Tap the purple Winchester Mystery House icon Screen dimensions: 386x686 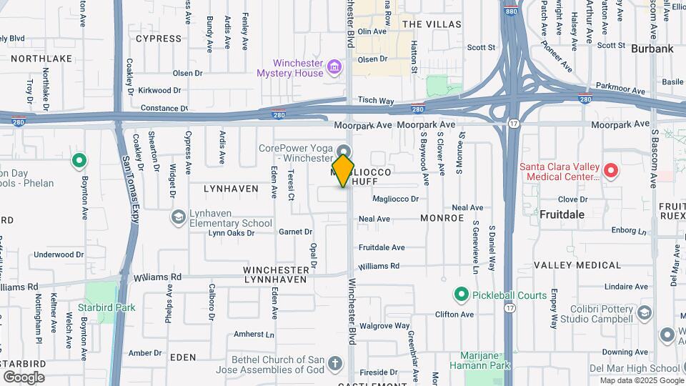click(333, 69)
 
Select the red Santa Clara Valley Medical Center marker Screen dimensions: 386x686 click(610, 171)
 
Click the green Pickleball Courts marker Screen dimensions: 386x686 click(461, 295)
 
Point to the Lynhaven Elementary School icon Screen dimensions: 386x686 click(178, 217)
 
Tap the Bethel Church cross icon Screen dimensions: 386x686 click(334, 366)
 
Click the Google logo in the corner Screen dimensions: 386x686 click(24, 377)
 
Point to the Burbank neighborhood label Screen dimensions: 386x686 click(652, 49)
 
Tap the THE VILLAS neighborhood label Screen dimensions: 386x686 click(432, 24)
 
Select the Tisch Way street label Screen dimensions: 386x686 click(376, 101)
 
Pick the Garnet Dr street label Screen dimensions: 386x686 click(295, 232)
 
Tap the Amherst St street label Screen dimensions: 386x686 click(249, 334)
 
